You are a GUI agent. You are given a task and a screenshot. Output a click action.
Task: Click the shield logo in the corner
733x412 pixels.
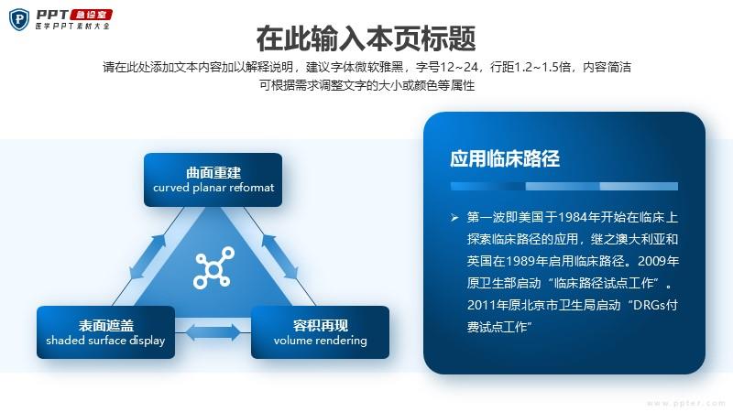19,20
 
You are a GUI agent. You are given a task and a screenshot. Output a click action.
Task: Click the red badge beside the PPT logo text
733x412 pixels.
91,15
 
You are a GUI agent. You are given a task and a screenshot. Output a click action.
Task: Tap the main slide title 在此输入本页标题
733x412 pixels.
366,38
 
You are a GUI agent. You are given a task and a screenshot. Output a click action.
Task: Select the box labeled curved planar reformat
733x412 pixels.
213,179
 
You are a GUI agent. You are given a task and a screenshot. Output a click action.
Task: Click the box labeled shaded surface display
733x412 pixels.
105,332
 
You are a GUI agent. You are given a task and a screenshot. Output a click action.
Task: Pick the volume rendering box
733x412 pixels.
320,332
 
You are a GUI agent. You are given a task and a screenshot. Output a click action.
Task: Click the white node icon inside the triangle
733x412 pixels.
213,267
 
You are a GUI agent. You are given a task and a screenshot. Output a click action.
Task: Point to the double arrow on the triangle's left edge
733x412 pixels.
148,257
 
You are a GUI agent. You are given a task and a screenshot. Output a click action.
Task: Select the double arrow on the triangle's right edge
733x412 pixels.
279,257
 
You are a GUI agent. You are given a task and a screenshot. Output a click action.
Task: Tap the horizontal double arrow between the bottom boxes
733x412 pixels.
213,332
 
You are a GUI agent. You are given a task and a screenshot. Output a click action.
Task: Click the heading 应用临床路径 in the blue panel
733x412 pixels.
505,158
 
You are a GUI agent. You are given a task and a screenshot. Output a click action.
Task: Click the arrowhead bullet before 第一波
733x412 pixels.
454,217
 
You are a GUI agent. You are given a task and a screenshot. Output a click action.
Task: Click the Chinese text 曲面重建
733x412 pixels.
213,173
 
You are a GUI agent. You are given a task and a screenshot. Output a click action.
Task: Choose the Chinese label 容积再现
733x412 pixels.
320,325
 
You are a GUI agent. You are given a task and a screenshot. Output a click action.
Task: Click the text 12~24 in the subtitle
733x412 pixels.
459,67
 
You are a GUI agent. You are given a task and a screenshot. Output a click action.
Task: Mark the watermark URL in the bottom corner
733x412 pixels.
685,403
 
